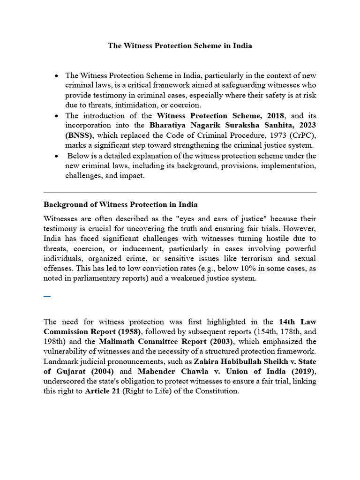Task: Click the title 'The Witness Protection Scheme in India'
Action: coord(180,46)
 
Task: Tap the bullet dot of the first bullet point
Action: coord(57,76)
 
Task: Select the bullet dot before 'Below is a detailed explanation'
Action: coord(57,156)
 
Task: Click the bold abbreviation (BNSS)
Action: coord(76,136)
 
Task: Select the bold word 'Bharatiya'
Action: coord(168,126)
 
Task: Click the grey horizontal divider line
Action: coord(180,192)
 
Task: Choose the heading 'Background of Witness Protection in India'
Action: coord(120,205)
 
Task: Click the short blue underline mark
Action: coord(47,297)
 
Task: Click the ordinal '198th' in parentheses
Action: coord(54,341)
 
